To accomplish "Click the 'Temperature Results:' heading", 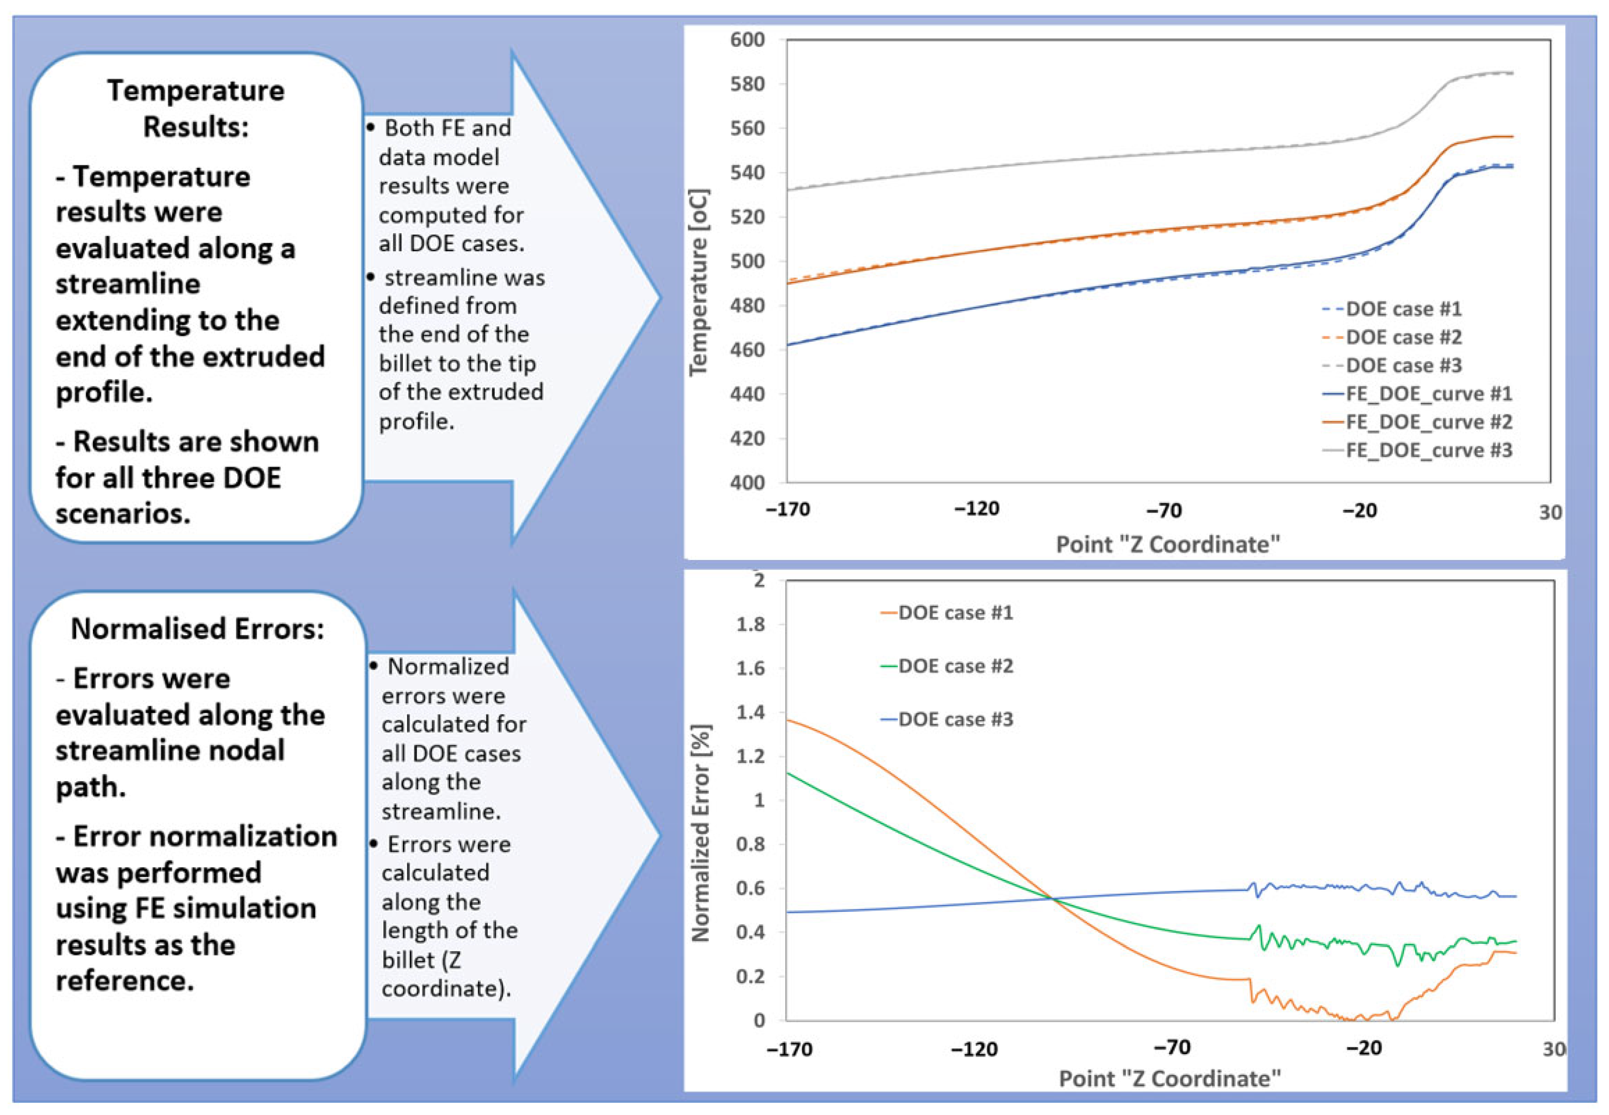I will click(195, 108).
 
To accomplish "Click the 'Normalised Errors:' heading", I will click(198, 629).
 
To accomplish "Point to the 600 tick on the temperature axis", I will click(747, 40).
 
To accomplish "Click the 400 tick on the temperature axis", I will click(747, 483).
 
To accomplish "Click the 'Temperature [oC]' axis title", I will click(698, 282).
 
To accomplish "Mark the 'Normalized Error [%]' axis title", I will click(701, 833).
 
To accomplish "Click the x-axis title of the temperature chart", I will click(1167, 544).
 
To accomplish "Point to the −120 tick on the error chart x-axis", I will click(974, 1049).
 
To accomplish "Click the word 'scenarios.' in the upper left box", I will click(123, 514).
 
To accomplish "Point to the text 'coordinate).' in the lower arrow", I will click(446, 989).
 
